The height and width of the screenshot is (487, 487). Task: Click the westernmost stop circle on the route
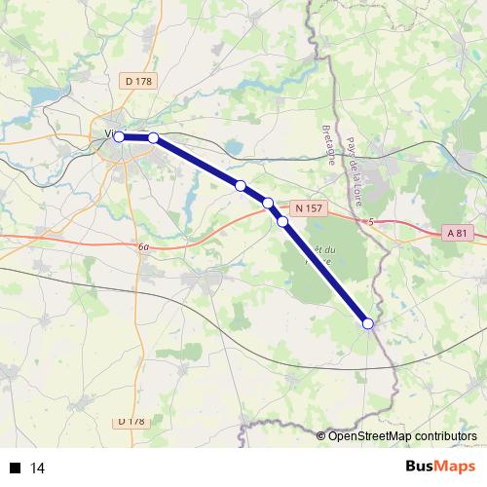(119, 137)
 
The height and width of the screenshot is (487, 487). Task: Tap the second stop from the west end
(153, 137)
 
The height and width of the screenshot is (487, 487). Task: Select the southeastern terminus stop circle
(368, 323)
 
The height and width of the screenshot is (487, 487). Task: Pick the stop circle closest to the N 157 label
(268, 203)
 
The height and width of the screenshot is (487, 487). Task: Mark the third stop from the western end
(240, 185)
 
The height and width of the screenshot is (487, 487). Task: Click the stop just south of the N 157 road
(282, 222)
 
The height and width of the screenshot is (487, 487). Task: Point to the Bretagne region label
(328, 143)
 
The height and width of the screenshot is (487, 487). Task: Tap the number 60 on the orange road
(144, 248)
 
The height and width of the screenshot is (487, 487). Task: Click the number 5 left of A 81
(371, 223)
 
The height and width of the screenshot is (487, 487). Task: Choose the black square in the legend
(15, 468)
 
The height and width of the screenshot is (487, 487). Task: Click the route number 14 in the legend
(38, 468)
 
